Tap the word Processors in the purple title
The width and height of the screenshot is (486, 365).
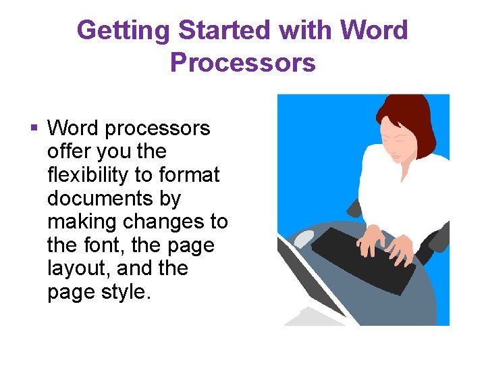(x=242, y=62)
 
